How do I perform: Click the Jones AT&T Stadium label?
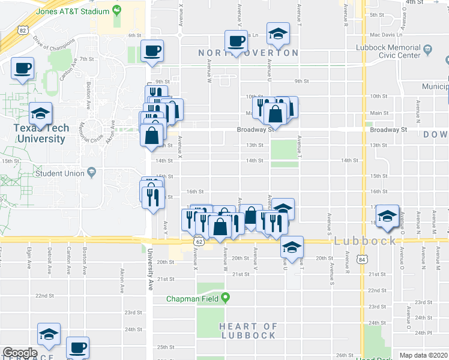click(x=73, y=11)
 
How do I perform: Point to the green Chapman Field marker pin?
click(x=226, y=298)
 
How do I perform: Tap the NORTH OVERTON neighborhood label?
click(x=248, y=53)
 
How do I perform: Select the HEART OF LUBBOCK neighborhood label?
click(x=248, y=331)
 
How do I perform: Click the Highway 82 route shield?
click(x=23, y=29)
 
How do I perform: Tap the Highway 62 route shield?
click(x=198, y=241)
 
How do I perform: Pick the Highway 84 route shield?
click(x=361, y=259)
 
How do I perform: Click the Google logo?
click(x=20, y=353)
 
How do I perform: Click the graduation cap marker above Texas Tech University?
click(x=40, y=113)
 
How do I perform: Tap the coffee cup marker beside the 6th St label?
click(x=152, y=50)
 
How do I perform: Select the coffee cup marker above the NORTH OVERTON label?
click(x=237, y=41)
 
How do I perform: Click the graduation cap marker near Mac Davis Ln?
click(x=278, y=34)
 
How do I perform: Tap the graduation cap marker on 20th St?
click(x=292, y=247)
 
